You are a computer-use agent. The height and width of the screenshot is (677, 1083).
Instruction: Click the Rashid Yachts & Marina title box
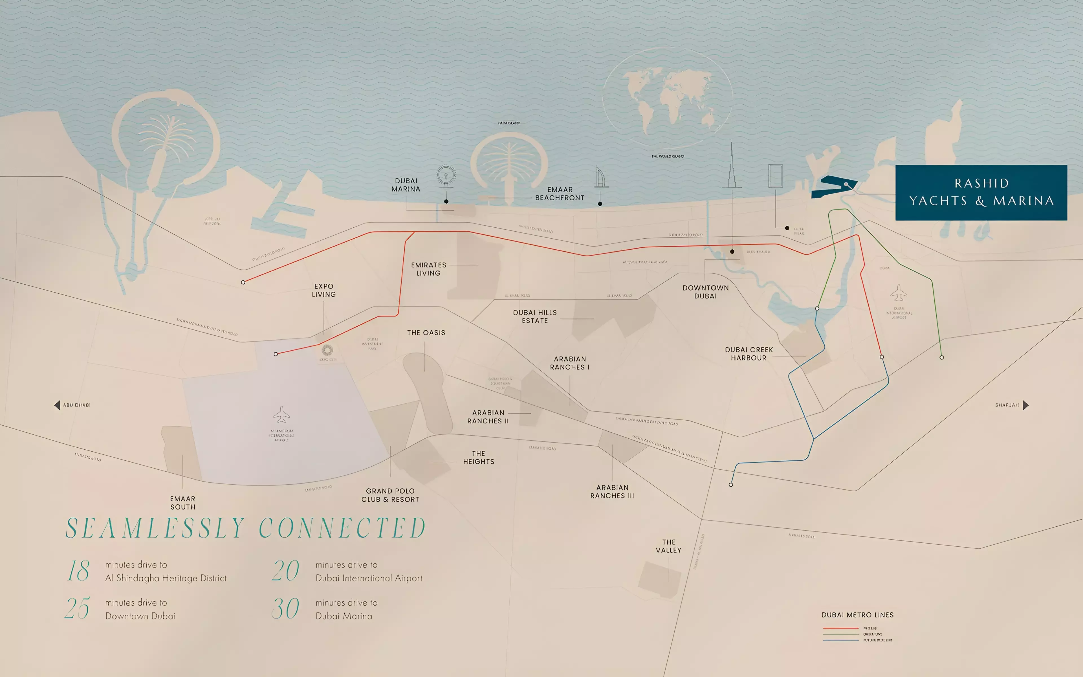[981, 193]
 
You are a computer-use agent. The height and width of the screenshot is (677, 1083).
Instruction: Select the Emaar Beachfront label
[559, 194]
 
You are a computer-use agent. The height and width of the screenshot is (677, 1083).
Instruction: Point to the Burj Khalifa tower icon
[732, 166]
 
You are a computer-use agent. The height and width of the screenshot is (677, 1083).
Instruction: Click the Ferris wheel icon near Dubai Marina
[446, 176]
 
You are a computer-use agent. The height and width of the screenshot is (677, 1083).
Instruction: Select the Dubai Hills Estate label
[535, 316]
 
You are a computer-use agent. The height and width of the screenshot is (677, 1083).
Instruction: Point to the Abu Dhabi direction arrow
[57, 405]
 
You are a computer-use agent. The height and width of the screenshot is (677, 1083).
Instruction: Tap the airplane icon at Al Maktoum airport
[281, 415]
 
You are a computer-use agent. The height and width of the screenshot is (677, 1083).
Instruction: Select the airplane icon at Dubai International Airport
[899, 293]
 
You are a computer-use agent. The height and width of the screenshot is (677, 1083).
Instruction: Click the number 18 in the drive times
[79, 571]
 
